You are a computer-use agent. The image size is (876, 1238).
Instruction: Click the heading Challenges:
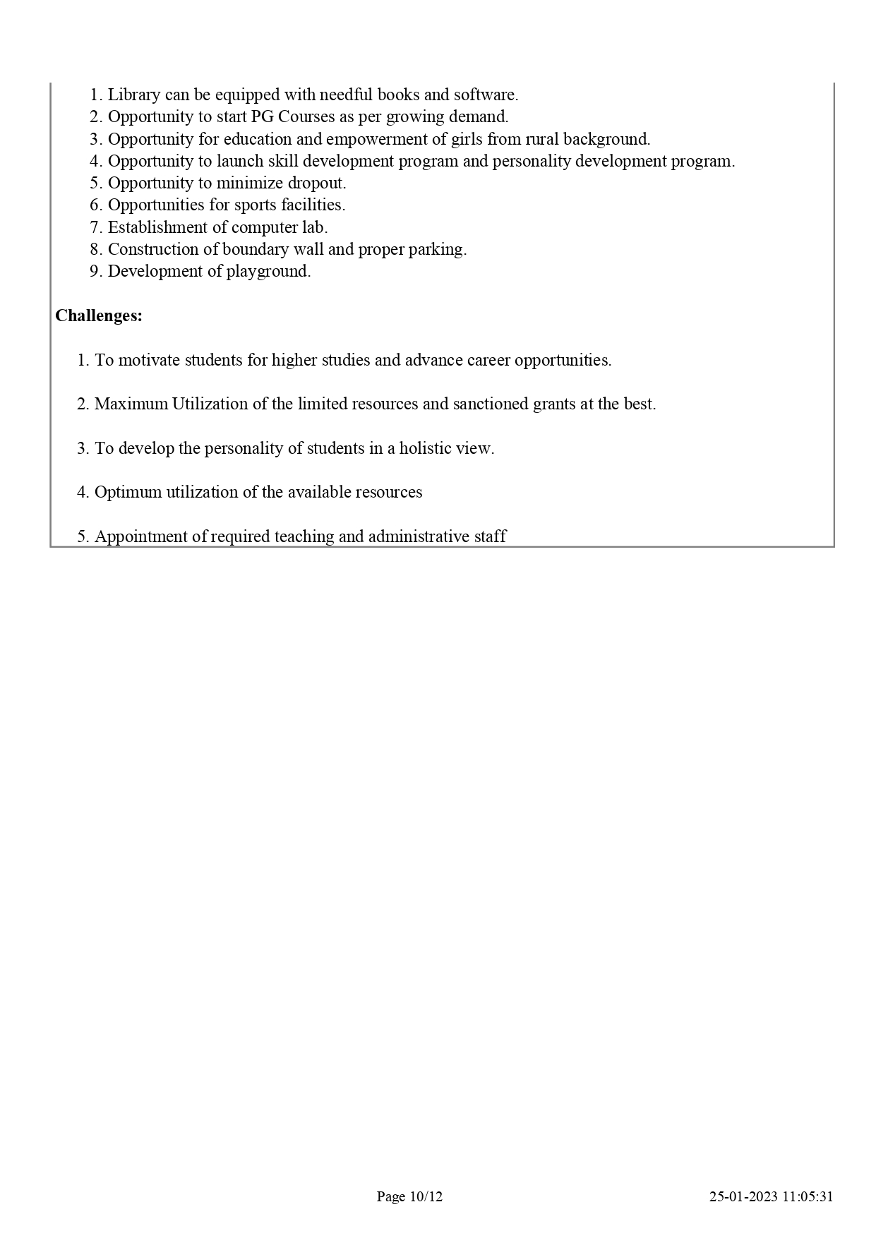click(x=99, y=315)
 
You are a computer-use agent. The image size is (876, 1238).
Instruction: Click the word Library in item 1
click(x=134, y=95)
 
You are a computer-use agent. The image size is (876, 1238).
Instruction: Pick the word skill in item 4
click(x=282, y=161)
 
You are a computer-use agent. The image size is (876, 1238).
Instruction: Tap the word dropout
click(x=315, y=183)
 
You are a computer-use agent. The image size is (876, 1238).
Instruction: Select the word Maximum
click(x=131, y=404)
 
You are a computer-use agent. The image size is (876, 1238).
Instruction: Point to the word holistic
click(x=429, y=448)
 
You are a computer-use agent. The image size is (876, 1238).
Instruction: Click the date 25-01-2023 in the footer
click(x=743, y=1196)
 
